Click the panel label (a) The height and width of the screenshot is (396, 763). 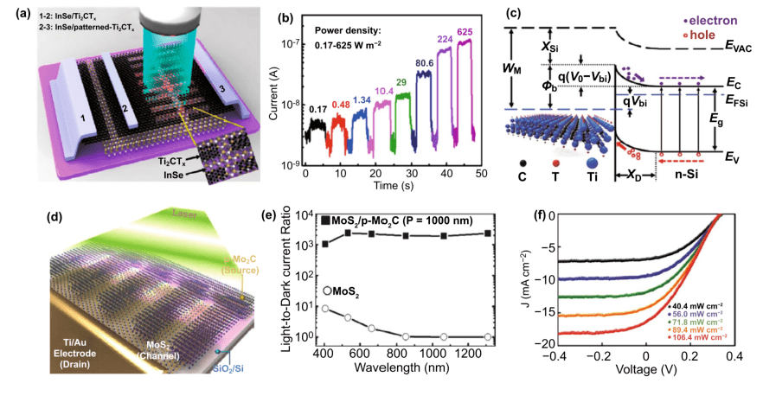point(14,11)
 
